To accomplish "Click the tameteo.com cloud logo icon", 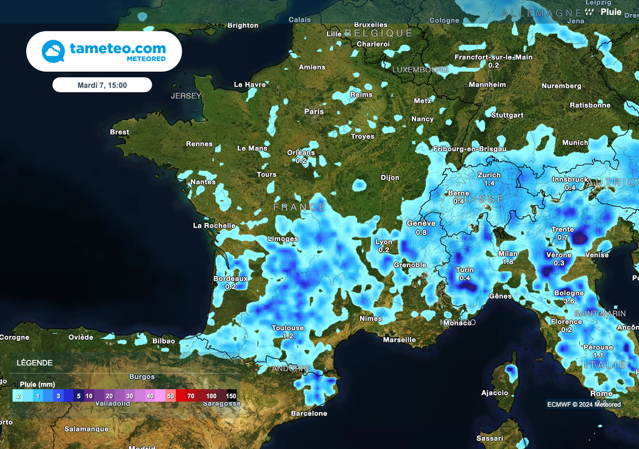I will coord(53,51).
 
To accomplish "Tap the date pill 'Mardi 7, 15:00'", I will coord(102,85).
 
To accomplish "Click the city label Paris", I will coord(314,112).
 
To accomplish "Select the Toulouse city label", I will coord(288,328).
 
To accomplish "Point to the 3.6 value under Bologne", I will coord(568,301).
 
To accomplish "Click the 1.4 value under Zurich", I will coord(489,183).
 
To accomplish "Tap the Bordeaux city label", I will coord(230,279).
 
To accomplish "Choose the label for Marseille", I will coord(399,340).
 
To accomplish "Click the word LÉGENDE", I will coord(34,363).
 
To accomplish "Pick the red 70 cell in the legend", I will coord(190,396).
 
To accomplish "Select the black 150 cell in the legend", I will coord(231,396).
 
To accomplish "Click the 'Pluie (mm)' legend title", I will coord(38,385).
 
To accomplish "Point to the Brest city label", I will coord(119,132).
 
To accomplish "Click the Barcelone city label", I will coord(309,413).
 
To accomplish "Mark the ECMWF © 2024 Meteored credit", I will coord(584,404).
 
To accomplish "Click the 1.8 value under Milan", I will coord(508,262).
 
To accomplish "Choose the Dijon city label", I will coord(390,178).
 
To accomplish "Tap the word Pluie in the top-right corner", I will coord(611,12).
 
